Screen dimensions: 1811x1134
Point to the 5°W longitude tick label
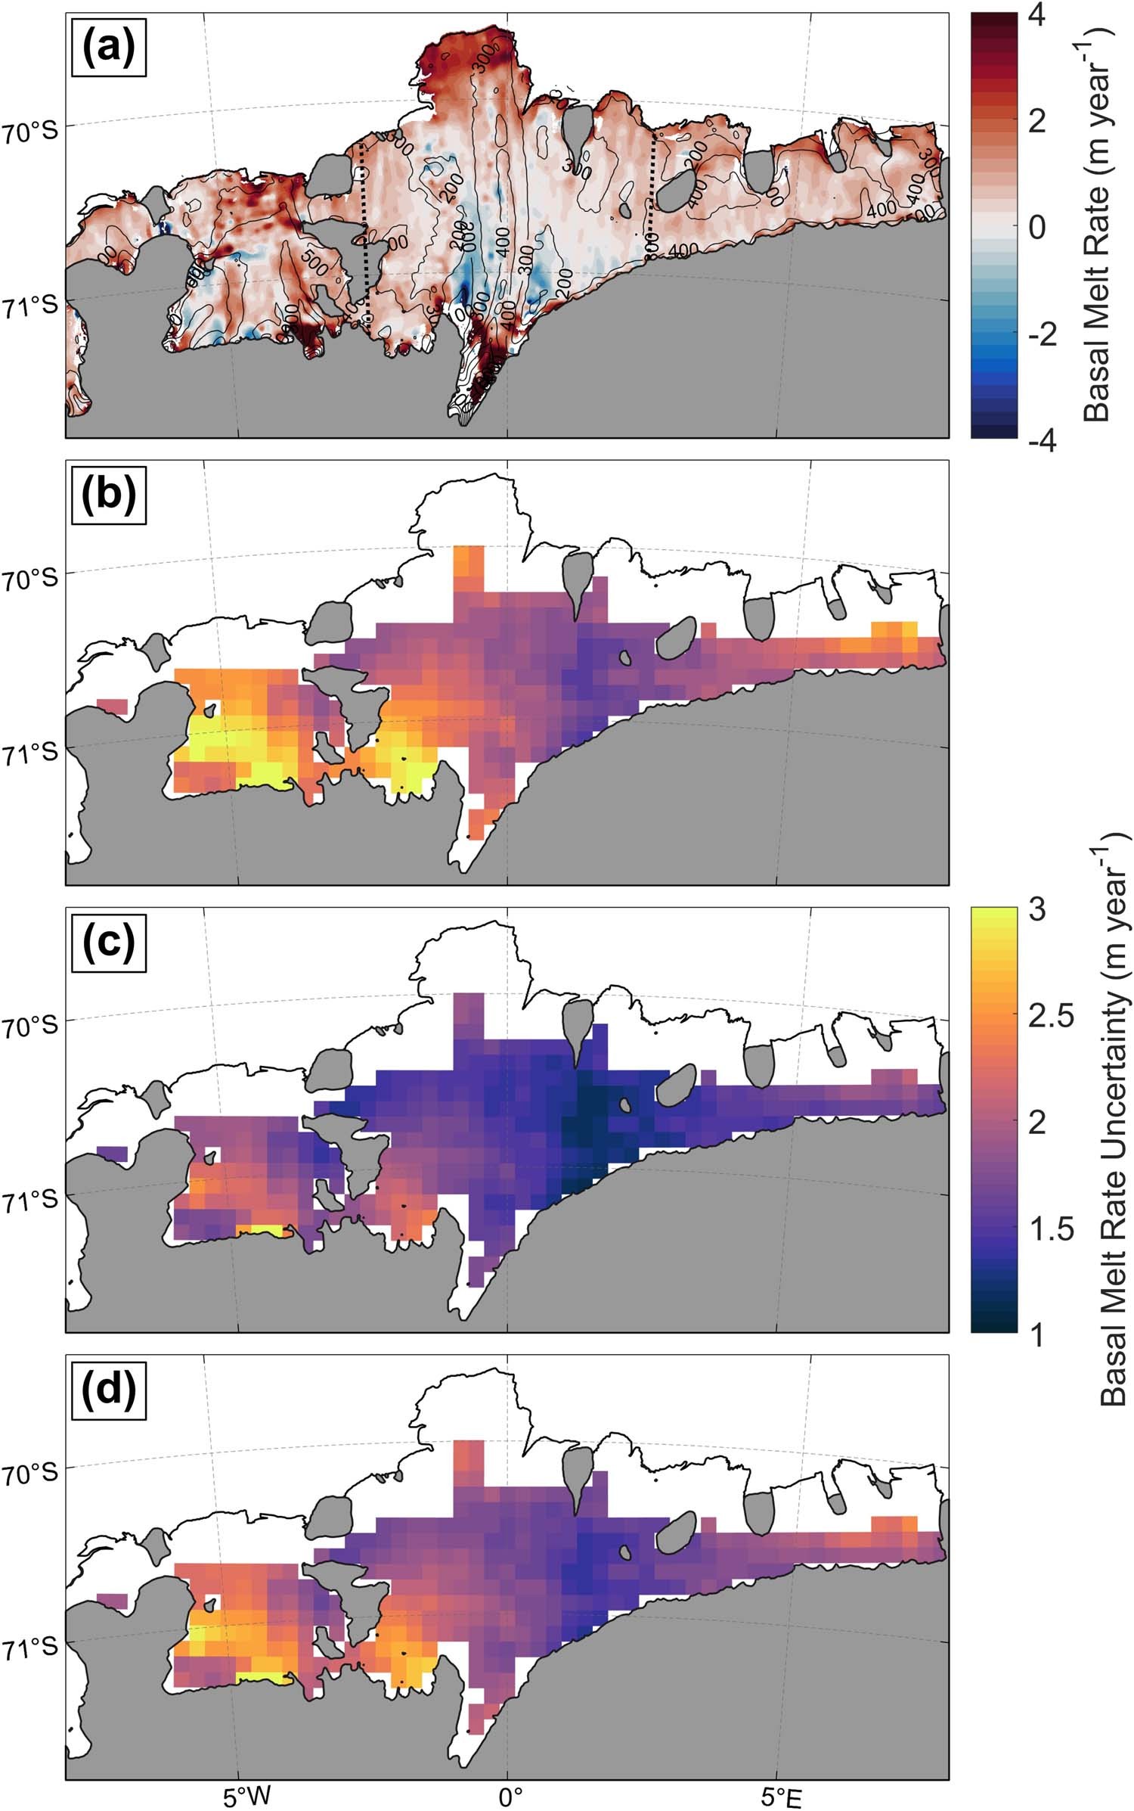pyautogui.click(x=246, y=1792)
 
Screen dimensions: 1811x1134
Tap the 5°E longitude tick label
pyautogui.click(x=780, y=1792)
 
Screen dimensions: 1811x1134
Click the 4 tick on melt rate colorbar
pyautogui.click(x=1037, y=15)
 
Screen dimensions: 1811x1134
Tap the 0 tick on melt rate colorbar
pyautogui.click(x=1037, y=226)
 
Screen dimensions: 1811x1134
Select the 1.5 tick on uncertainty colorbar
pyautogui.click(x=1051, y=1229)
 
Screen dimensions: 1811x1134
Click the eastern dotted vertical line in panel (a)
pyautogui.click(x=654, y=197)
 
